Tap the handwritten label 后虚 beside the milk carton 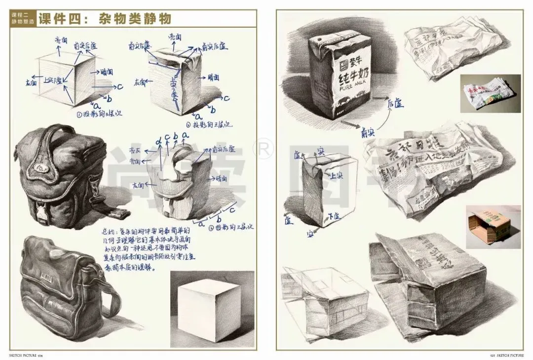396,103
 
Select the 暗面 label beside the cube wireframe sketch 106,72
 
